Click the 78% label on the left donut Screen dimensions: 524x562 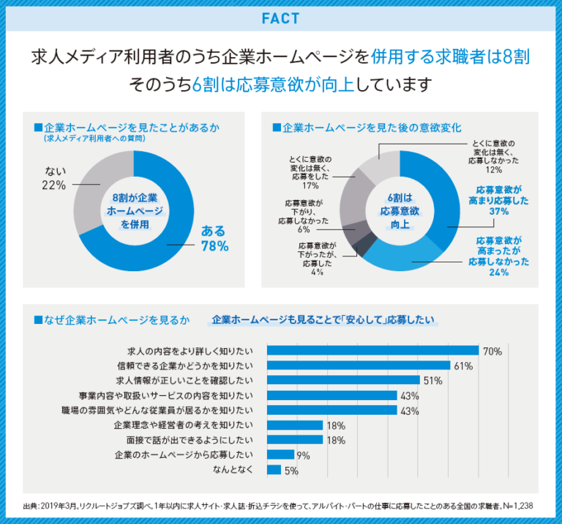point(214,247)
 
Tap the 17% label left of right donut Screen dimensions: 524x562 point(306,186)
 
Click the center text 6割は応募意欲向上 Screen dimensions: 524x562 point(400,210)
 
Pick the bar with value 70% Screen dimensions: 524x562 point(372,351)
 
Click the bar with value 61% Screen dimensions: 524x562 point(359,366)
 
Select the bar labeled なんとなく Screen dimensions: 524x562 point(274,470)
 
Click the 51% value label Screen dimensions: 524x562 point(433,381)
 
